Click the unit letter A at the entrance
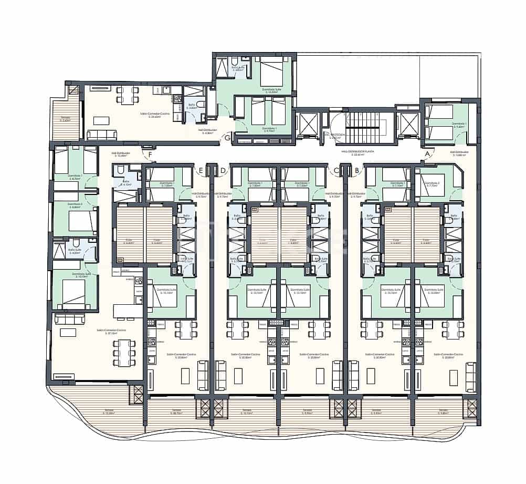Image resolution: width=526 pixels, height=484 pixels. [x=427, y=154]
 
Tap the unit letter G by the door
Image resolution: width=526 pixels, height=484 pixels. [x=227, y=138]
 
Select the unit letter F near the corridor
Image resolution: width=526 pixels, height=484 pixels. [x=150, y=154]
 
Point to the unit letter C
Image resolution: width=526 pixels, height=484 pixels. [x=336, y=170]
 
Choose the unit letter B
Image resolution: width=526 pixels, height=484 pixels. [x=357, y=170]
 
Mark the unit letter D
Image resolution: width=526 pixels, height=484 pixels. [x=223, y=170]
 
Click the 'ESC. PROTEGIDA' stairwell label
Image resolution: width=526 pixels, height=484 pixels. [x=335, y=135]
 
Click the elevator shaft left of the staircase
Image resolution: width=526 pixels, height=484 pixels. [x=306, y=123]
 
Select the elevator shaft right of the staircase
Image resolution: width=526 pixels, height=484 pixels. [x=407, y=123]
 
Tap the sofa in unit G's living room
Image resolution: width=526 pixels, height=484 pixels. [x=102, y=135]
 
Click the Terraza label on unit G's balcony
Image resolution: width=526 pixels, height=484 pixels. [x=66, y=119]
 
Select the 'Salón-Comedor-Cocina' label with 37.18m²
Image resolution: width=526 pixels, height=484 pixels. [x=110, y=332]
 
